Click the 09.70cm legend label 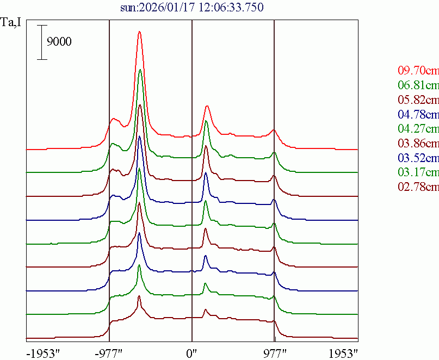pyautogui.click(x=418, y=71)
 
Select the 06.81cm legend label pyautogui.click(x=418, y=85)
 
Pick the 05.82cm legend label pyautogui.click(x=418, y=100)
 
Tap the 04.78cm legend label pyautogui.click(x=418, y=114)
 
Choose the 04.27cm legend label pyautogui.click(x=418, y=129)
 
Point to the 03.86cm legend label pyautogui.click(x=418, y=144)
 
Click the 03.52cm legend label pyautogui.click(x=418, y=158)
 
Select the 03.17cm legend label pyautogui.click(x=418, y=173)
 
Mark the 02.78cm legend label pyautogui.click(x=418, y=188)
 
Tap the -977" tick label pyautogui.click(x=109, y=352)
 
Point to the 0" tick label pyautogui.click(x=192, y=352)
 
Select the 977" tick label pyautogui.click(x=274, y=352)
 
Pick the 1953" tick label pyautogui.click(x=343, y=352)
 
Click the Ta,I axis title pyautogui.click(x=12, y=23)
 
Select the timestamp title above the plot pyautogui.click(x=192, y=8)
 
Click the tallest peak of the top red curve pyautogui.click(x=140, y=32)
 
